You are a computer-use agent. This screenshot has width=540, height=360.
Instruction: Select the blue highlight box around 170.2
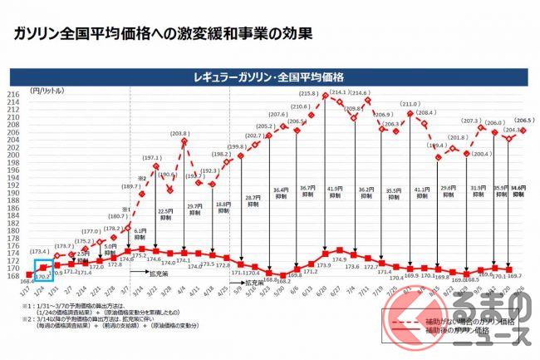pos(43,268)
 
